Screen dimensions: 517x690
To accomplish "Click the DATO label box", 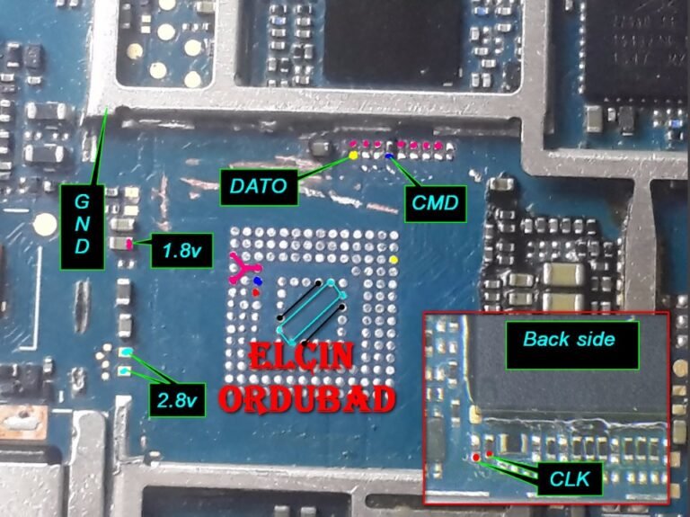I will click(257, 187).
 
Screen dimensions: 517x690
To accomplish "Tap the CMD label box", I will click(434, 204).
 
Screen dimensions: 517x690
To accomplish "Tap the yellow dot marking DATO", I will click(353, 156).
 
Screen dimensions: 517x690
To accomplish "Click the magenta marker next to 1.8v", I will click(131, 243).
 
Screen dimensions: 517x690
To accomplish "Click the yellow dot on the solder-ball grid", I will click(394, 261).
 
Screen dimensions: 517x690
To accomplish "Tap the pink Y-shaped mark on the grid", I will click(242, 269).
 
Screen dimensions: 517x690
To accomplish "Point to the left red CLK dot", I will click(475, 457).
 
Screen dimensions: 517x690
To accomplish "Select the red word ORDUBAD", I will click(308, 397).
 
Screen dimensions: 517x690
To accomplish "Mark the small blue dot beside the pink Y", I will click(258, 281).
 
